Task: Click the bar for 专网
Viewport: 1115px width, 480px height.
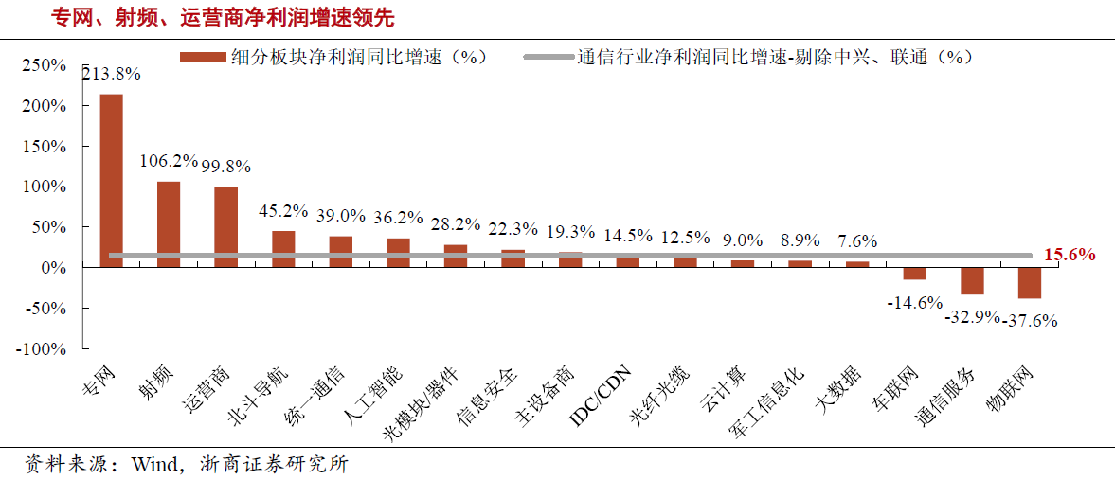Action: point(111,180)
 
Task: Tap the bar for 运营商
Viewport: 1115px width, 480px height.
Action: point(225,227)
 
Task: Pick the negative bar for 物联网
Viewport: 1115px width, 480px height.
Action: point(1030,283)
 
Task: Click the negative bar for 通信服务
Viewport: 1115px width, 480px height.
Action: point(972,281)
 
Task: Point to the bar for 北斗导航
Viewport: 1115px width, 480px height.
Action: point(283,249)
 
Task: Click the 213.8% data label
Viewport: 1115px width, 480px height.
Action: point(112,73)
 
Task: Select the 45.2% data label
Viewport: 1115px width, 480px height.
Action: point(283,211)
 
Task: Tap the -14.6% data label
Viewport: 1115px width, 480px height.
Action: point(914,303)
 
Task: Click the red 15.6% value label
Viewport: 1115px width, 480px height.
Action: point(1070,255)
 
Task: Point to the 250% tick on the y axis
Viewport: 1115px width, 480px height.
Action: point(44,66)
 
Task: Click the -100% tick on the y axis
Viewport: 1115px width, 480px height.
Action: point(41,349)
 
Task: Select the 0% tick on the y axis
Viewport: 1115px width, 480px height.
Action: point(53,268)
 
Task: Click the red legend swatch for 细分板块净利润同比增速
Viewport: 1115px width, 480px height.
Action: point(204,57)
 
